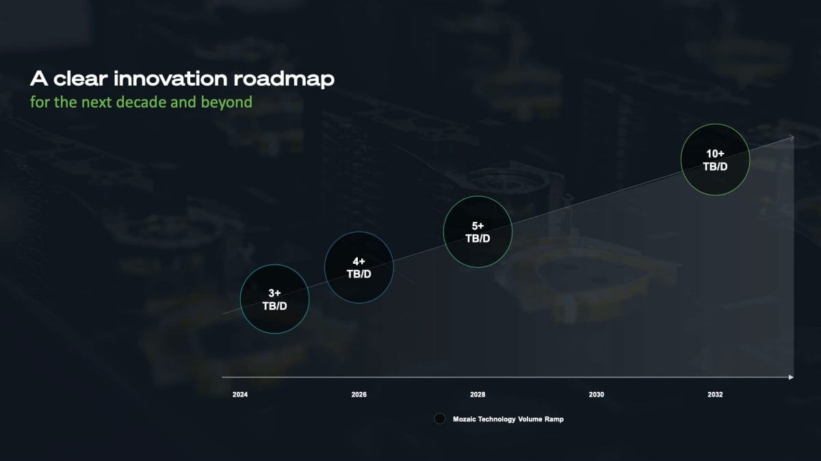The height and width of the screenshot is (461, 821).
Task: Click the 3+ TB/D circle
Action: coord(274,299)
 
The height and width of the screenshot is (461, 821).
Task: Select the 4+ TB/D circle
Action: coord(359,268)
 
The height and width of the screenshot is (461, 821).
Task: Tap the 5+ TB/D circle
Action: coord(478,232)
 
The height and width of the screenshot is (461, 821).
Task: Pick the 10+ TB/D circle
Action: coord(715,160)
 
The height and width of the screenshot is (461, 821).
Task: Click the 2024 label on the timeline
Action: coord(240,395)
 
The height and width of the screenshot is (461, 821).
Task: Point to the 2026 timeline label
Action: coord(359,395)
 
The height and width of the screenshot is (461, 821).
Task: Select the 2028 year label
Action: coord(478,395)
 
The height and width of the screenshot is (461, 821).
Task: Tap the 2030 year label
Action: coord(597,395)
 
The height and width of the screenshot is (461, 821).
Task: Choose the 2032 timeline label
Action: coord(715,395)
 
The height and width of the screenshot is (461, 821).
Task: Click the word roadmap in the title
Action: coord(284,79)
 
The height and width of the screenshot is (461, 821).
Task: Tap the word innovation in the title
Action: coord(170,79)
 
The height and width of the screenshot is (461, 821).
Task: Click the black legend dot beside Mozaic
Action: coord(440,419)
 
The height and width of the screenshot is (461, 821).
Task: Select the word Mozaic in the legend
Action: coord(465,419)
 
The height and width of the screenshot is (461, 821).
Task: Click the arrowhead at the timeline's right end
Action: coord(792,377)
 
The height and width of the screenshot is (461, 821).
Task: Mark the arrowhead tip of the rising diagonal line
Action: coord(794,137)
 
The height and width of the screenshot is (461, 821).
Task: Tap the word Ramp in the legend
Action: coord(554,419)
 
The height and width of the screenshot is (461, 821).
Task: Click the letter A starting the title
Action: coord(39,79)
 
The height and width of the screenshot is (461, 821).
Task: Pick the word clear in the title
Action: coord(81,79)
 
